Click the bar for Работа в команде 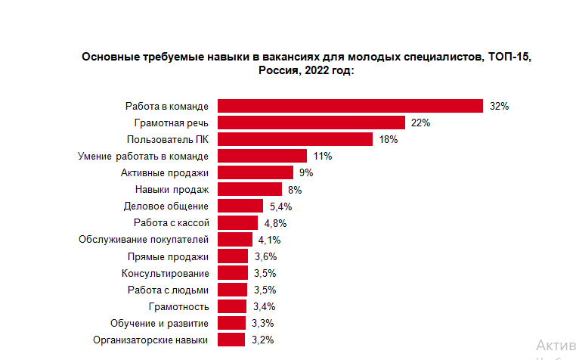(x=350, y=106)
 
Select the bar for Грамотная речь (x=311, y=123)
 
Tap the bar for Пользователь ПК (x=295, y=139)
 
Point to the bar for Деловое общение (x=240, y=206)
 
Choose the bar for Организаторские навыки (x=232, y=340)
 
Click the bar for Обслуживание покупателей (x=235, y=239)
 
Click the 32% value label (x=499, y=107)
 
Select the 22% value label (x=420, y=123)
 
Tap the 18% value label (x=388, y=140)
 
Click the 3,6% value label (x=265, y=256)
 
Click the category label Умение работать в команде (x=143, y=156)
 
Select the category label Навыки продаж (x=171, y=189)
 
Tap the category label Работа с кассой (x=170, y=222)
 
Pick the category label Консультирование (x=164, y=273)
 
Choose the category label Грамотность (x=178, y=306)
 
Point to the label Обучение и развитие (x=159, y=323)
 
